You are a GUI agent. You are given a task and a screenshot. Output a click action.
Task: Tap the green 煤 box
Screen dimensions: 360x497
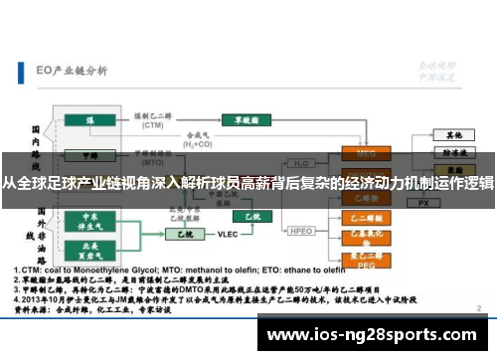click(x=89, y=119)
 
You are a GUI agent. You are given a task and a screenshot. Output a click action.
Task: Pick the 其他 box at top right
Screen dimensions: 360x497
click(x=453, y=133)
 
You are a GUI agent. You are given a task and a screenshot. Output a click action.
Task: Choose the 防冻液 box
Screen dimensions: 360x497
click(x=453, y=153)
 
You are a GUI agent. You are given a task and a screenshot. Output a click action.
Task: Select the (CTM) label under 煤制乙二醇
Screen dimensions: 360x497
click(x=153, y=127)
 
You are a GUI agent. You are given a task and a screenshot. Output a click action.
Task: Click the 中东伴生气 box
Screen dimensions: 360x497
click(x=89, y=220)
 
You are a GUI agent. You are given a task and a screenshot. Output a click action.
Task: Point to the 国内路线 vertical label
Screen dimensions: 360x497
click(x=36, y=139)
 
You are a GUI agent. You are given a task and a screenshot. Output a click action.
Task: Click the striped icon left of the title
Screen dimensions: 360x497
click(x=23, y=71)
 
